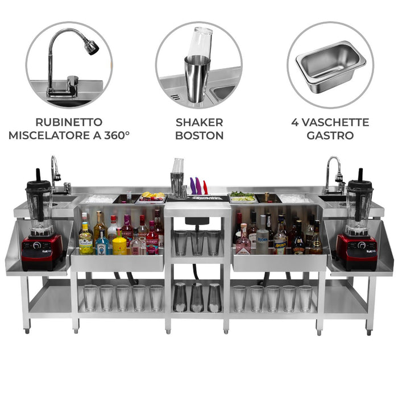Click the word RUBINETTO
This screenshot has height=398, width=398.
(69, 122)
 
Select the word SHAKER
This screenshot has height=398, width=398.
(199, 122)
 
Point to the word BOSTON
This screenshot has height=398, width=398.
(199, 135)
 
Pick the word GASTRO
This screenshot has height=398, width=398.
(330, 135)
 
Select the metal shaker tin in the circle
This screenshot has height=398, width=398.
(197, 77)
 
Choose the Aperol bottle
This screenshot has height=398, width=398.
(281, 241)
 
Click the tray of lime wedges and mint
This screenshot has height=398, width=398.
(243, 197)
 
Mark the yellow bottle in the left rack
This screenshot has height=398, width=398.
(119, 244)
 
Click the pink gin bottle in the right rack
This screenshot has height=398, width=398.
(243, 243)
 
